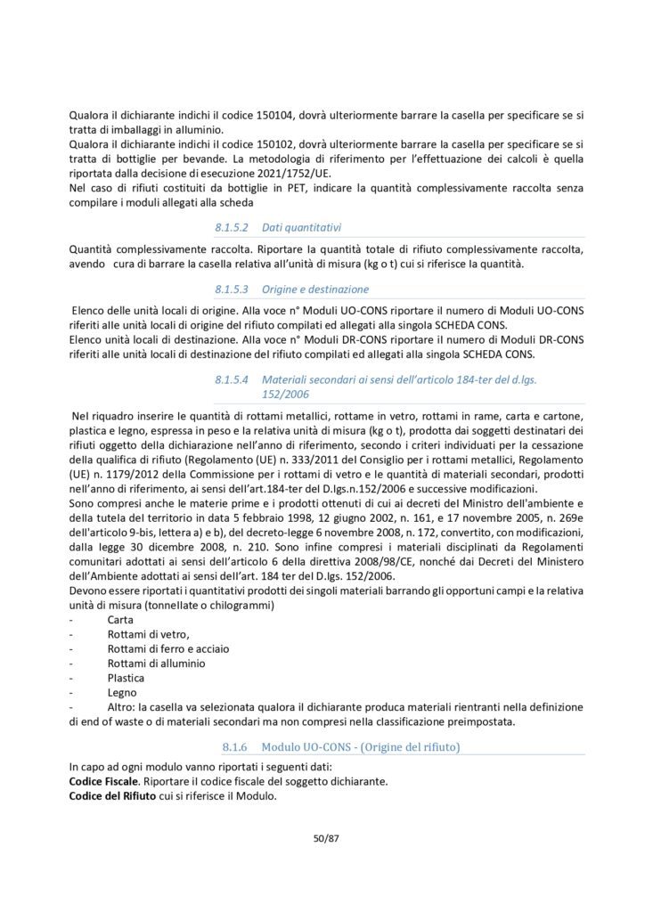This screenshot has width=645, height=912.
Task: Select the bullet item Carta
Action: pyautogui.click(x=120, y=618)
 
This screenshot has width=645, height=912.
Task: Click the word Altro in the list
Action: pyautogui.click(x=122, y=704)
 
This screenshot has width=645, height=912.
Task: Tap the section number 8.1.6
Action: pyautogui.click(x=236, y=743)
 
